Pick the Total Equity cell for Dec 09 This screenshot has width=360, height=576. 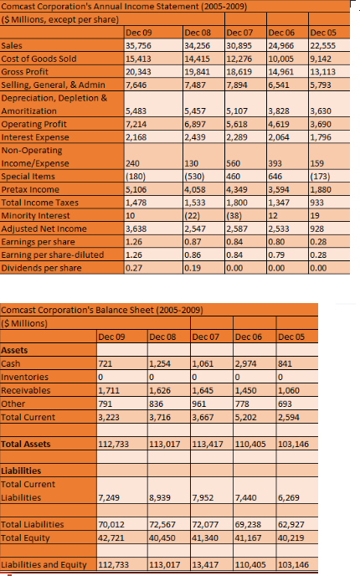[x=112, y=526]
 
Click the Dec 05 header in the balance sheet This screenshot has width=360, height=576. [x=313, y=336]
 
